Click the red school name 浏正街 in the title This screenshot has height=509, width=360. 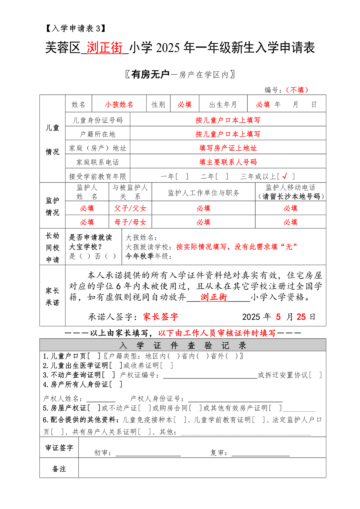(105, 48)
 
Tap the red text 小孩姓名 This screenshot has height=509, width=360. (119, 105)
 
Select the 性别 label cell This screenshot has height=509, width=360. (158, 105)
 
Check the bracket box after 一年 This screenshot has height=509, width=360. (182, 176)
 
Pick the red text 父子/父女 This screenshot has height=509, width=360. (130, 208)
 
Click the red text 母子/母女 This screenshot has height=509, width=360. (130, 222)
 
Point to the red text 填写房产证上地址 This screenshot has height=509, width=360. (228, 148)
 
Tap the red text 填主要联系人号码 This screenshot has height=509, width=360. (228, 162)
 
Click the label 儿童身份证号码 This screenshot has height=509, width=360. (98, 120)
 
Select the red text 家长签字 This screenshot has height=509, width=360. (161, 317)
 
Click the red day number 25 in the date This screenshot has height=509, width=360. (301, 317)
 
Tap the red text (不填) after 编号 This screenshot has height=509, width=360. (297, 90)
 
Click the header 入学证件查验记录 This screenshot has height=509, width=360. (183, 345)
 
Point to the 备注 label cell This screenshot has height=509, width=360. (59, 469)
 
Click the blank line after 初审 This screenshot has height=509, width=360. (148, 453)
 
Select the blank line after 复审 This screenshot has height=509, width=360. (261, 453)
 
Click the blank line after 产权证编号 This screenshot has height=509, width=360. (210, 376)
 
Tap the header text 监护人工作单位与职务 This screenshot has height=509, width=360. (203, 193)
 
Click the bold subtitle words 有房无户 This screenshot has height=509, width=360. (150, 74)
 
